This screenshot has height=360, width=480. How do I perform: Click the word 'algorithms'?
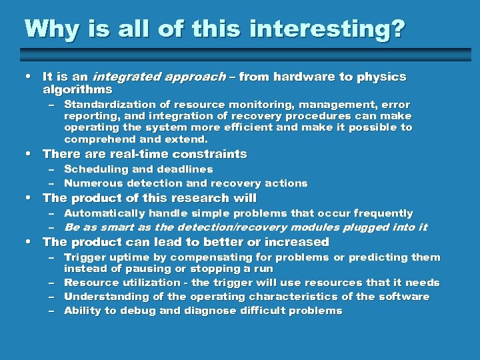coord(77,89)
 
